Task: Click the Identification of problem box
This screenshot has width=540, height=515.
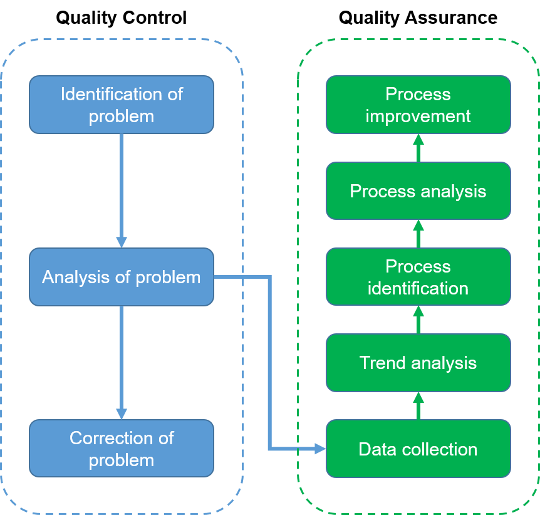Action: pos(121,105)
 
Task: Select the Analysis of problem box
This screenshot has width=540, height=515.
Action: pos(121,277)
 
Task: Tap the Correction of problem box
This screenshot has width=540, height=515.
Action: pos(121,449)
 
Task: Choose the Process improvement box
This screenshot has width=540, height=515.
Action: pos(418,105)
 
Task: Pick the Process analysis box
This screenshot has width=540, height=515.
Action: pos(418,191)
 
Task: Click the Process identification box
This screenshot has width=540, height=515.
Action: pos(418,277)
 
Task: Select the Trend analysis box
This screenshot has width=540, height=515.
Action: pos(418,363)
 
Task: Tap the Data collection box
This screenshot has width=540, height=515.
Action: pos(418,449)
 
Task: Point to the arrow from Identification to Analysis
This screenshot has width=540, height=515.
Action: pos(121,188)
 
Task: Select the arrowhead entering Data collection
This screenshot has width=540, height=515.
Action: pos(320,449)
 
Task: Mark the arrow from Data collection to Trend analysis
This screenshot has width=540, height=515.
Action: pos(418,406)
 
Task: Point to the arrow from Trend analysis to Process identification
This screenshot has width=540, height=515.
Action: pos(418,320)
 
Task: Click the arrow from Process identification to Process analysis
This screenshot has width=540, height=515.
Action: pos(418,234)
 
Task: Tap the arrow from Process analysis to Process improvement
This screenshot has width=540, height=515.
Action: pos(418,148)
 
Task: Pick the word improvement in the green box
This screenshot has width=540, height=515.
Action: pos(418,117)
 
